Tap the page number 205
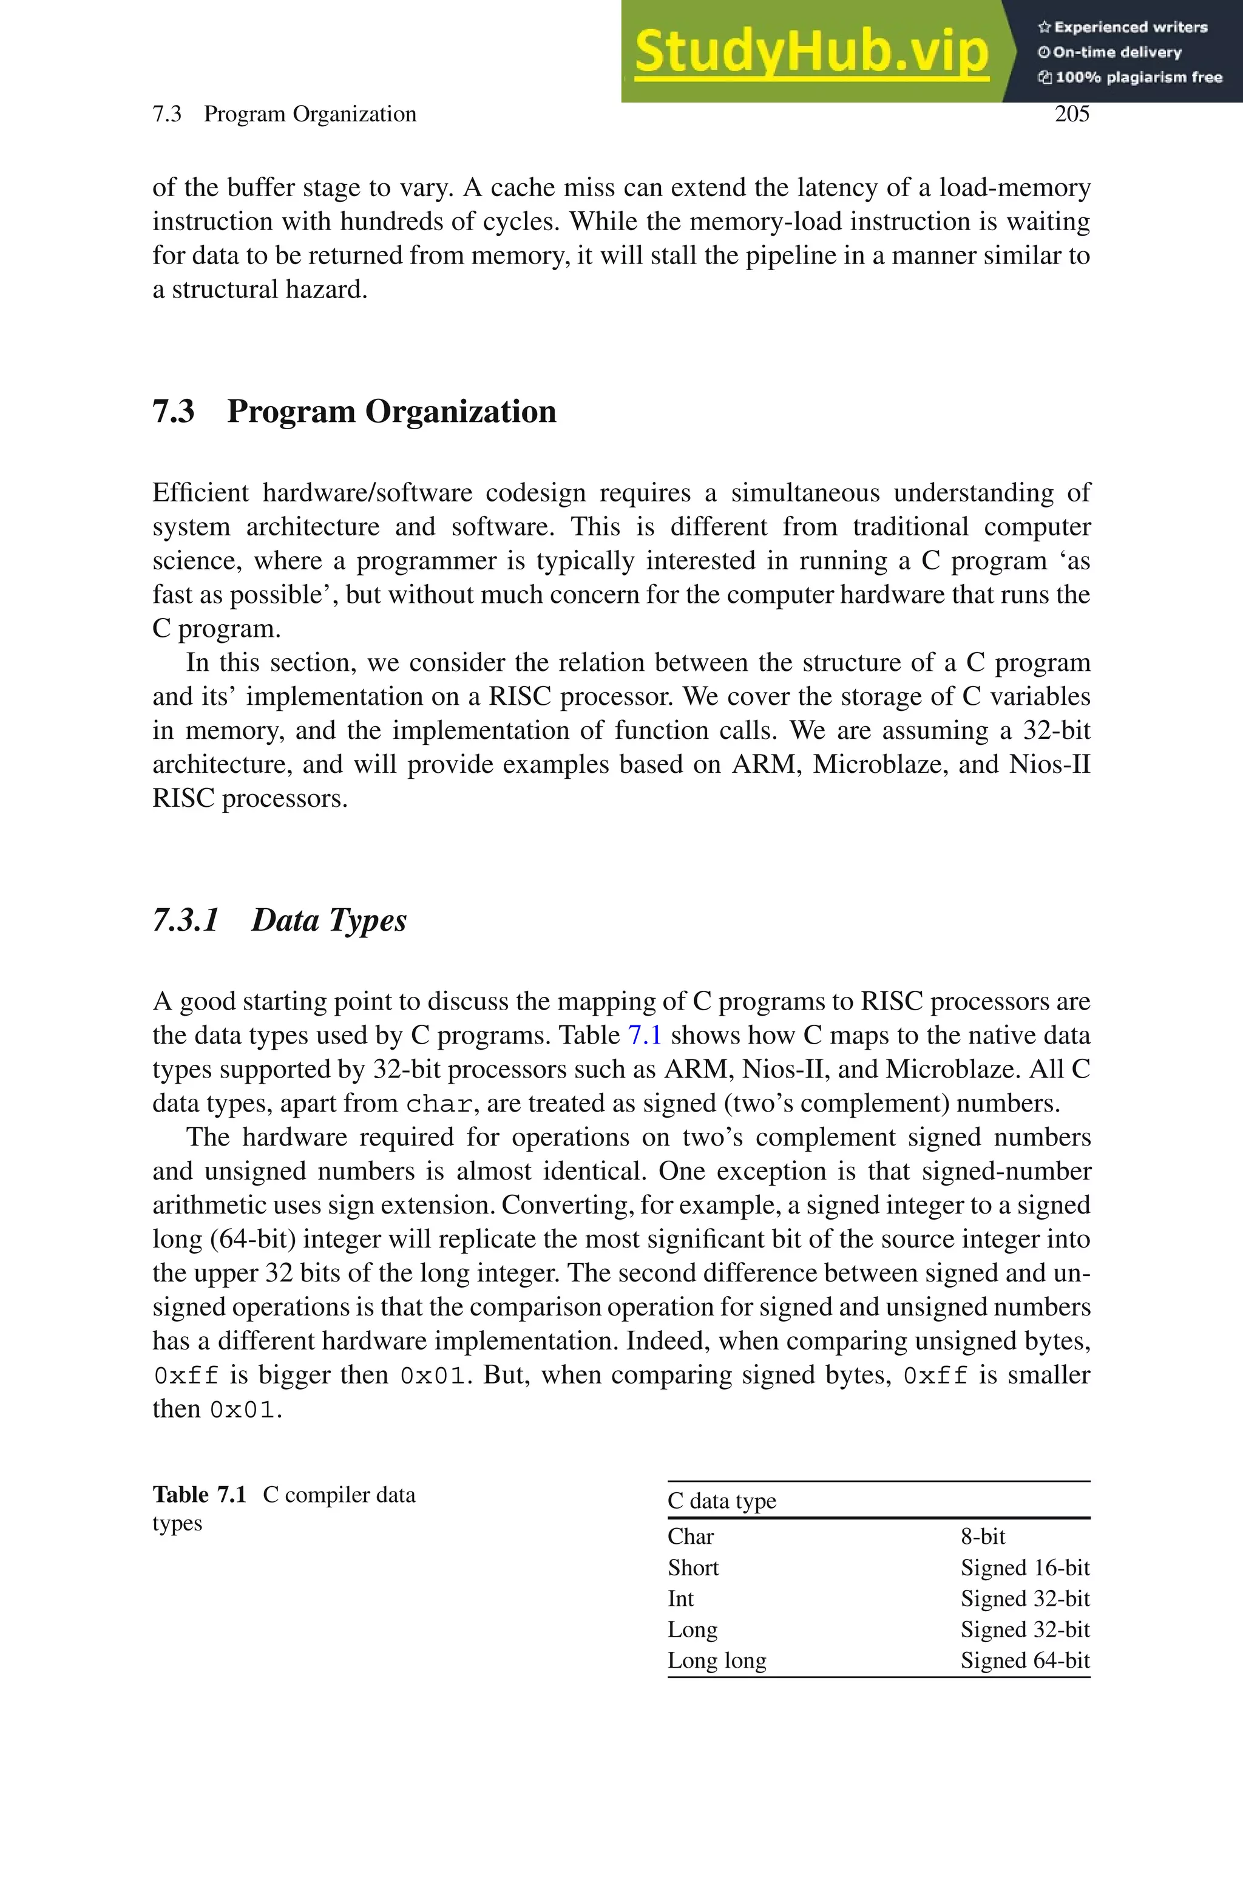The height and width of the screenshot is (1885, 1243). [1072, 114]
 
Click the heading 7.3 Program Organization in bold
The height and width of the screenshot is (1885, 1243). [354, 412]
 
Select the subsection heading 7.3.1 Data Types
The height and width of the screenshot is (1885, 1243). [279, 920]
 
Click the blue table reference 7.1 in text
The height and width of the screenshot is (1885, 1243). [645, 1035]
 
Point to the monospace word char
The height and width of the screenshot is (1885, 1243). [441, 1104]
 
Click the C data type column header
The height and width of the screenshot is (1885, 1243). [722, 1501]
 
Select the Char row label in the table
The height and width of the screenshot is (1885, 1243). [691, 1536]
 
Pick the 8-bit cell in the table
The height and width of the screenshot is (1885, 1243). [983, 1536]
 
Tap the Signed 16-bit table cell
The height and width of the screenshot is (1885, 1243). [1025, 1568]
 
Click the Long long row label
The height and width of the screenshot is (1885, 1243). [717, 1660]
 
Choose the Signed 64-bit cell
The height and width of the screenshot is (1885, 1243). [1025, 1660]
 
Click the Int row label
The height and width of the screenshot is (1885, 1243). [680, 1599]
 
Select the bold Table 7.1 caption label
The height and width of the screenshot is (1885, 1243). [199, 1495]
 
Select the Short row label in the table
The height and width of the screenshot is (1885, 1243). [693, 1568]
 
